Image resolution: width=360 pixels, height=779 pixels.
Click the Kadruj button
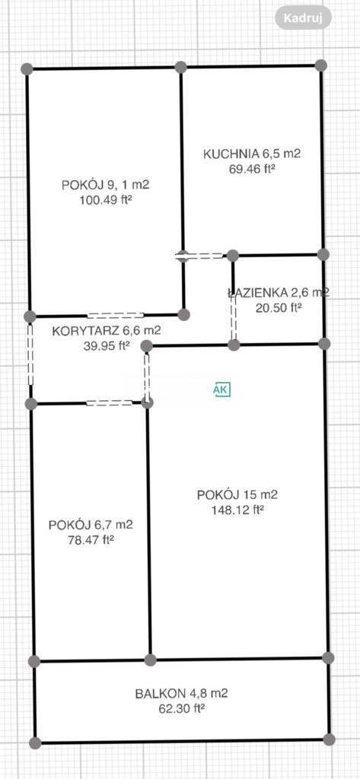[x=303, y=18]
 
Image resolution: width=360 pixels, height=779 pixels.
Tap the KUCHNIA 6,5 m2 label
[x=252, y=154]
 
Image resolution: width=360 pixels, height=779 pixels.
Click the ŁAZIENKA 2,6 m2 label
[x=278, y=293]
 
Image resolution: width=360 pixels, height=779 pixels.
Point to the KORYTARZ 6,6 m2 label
[x=107, y=330]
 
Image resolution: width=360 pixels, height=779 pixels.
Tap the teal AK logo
[x=221, y=389]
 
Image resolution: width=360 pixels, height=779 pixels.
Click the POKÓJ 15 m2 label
[x=237, y=494]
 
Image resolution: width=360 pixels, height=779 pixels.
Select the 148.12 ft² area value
[x=237, y=510]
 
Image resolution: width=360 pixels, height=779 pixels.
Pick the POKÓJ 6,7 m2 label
[x=91, y=525]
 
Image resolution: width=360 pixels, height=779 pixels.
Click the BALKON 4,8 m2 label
[x=181, y=694]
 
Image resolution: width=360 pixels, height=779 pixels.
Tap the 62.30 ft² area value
[x=181, y=708]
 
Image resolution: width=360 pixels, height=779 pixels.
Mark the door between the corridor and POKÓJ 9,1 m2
[x=116, y=315]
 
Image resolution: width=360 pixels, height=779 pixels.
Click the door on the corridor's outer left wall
[x=30, y=355]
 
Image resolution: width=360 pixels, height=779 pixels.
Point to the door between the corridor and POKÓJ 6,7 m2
[x=110, y=403]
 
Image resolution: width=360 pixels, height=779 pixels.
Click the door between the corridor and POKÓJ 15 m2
[x=147, y=375]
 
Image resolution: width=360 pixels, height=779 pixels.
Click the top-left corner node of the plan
[x=27, y=69]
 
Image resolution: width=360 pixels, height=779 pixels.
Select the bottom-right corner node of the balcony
[x=329, y=739]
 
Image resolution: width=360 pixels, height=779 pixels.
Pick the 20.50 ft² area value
[x=279, y=307]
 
